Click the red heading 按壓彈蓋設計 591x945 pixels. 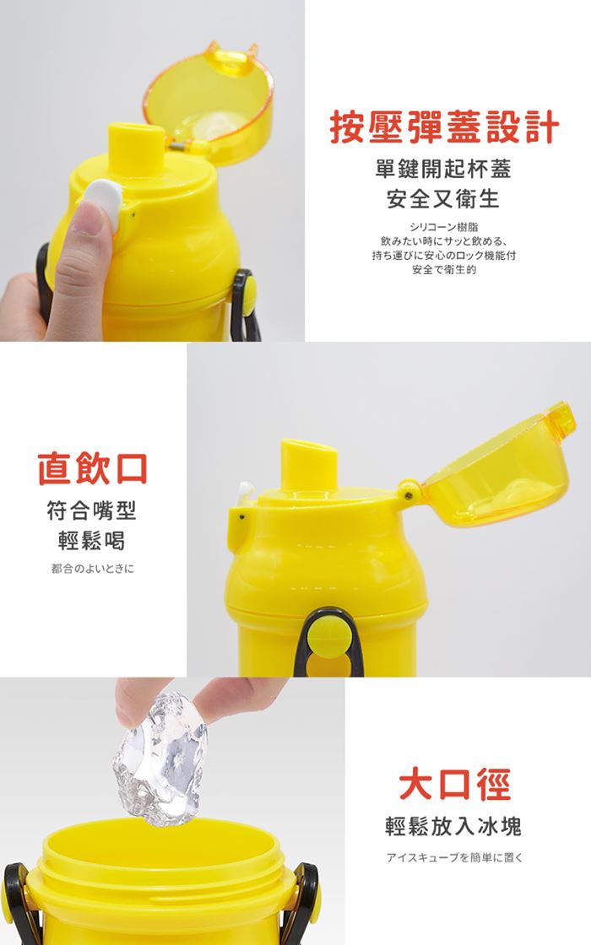point(444,127)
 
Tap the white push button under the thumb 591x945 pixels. point(104,202)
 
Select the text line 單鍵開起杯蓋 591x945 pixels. point(443,169)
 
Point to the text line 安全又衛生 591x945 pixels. point(443,198)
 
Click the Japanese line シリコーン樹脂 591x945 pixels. point(443,227)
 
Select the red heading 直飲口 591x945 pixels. point(92,468)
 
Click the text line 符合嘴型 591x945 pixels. point(92,511)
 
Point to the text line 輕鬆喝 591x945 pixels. point(92,541)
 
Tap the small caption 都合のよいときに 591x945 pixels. point(92,569)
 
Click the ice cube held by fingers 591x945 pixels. point(160,759)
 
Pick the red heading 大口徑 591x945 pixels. point(455,784)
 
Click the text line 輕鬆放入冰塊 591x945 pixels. point(453,826)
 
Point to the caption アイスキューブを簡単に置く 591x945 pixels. point(455,857)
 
